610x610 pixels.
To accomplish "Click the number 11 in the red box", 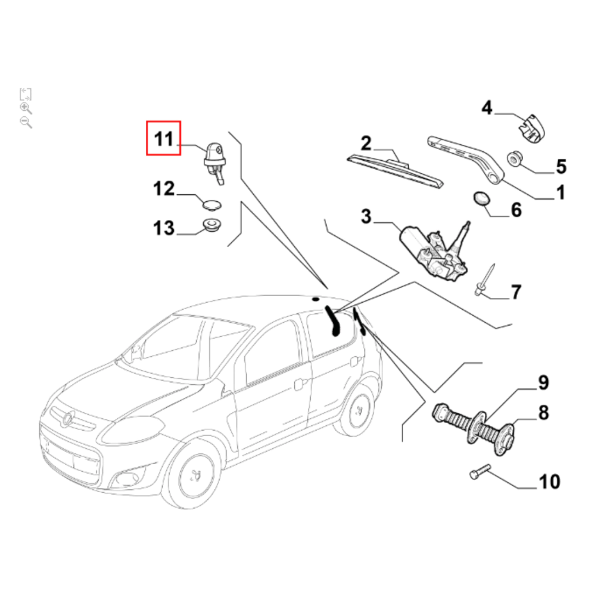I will pyautogui.click(x=163, y=139).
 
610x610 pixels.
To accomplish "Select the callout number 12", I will pyautogui.click(x=163, y=189).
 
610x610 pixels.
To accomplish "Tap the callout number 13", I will pyautogui.click(x=163, y=228).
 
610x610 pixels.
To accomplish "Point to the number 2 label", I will pyautogui.click(x=366, y=143).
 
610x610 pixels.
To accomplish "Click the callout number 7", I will pyautogui.click(x=515, y=292).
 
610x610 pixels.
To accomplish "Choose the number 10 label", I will pyautogui.click(x=549, y=481).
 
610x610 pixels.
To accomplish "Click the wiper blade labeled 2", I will pyautogui.click(x=396, y=172).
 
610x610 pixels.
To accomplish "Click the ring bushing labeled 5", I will pyautogui.click(x=514, y=160).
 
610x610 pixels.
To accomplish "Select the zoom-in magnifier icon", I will pyautogui.click(x=25, y=108).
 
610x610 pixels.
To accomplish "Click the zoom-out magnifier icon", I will pyautogui.click(x=25, y=122).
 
